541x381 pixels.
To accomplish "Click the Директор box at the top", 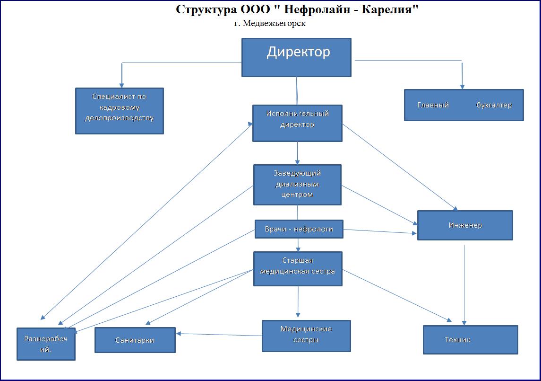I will pyautogui.click(x=296, y=57).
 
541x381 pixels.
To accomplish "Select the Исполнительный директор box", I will pyautogui.click(x=297, y=123).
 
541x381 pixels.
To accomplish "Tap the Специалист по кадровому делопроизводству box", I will pyautogui.click(x=120, y=111).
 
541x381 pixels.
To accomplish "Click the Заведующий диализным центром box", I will pyautogui.click(x=297, y=185).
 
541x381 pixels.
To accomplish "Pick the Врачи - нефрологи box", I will pyautogui.click(x=299, y=229).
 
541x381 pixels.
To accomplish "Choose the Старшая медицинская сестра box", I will pyautogui.click(x=298, y=268).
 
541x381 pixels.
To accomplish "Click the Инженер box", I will pyautogui.click(x=465, y=225).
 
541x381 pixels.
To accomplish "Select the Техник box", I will pyautogui.click(x=470, y=339).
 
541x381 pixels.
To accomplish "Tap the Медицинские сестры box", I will pyautogui.click(x=306, y=336).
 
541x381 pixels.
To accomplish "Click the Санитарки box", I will pyautogui.click(x=135, y=340).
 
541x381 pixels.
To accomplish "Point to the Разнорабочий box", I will pyautogui.click(x=46, y=344).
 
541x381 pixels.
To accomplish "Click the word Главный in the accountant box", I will pyautogui.click(x=433, y=105).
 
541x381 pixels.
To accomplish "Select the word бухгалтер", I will pyautogui.click(x=494, y=105).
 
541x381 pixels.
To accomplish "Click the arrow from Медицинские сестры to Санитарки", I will pyautogui.click(x=220, y=335).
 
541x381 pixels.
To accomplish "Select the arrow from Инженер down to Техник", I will pyautogui.click(x=464, y=284).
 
